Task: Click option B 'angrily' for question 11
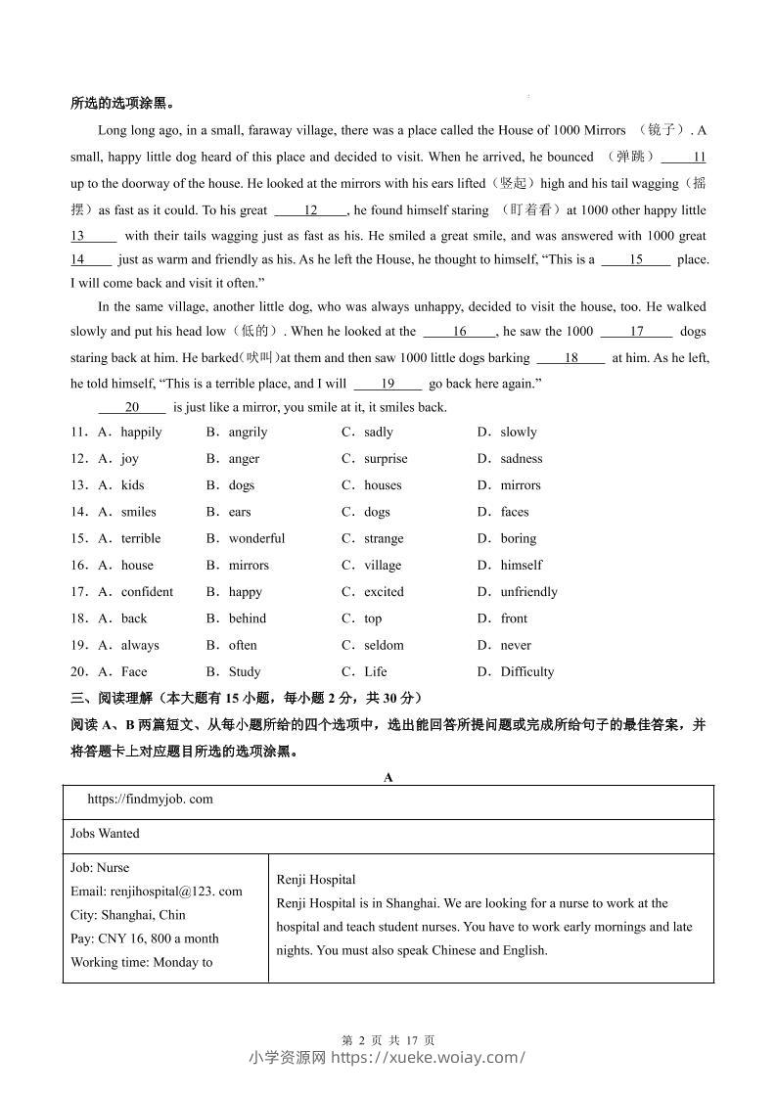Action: [247, 432]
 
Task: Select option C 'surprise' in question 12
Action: [385, 458]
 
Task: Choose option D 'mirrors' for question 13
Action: [520, 484]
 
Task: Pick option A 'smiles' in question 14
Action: [138, 511]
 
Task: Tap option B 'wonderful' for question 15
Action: [256, 538]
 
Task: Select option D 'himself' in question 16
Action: [521, 565]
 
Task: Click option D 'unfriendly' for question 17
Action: [528, 591]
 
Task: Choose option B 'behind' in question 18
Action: [247, 618]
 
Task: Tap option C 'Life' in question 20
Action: [375, 671]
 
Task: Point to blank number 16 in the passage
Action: [459, 332]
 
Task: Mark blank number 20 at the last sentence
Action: [132, 407]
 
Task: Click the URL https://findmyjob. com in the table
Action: [150, 799]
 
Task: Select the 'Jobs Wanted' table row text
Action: [105, 834]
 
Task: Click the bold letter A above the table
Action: [388, 777]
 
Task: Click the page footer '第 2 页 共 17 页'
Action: [388, 1040]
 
